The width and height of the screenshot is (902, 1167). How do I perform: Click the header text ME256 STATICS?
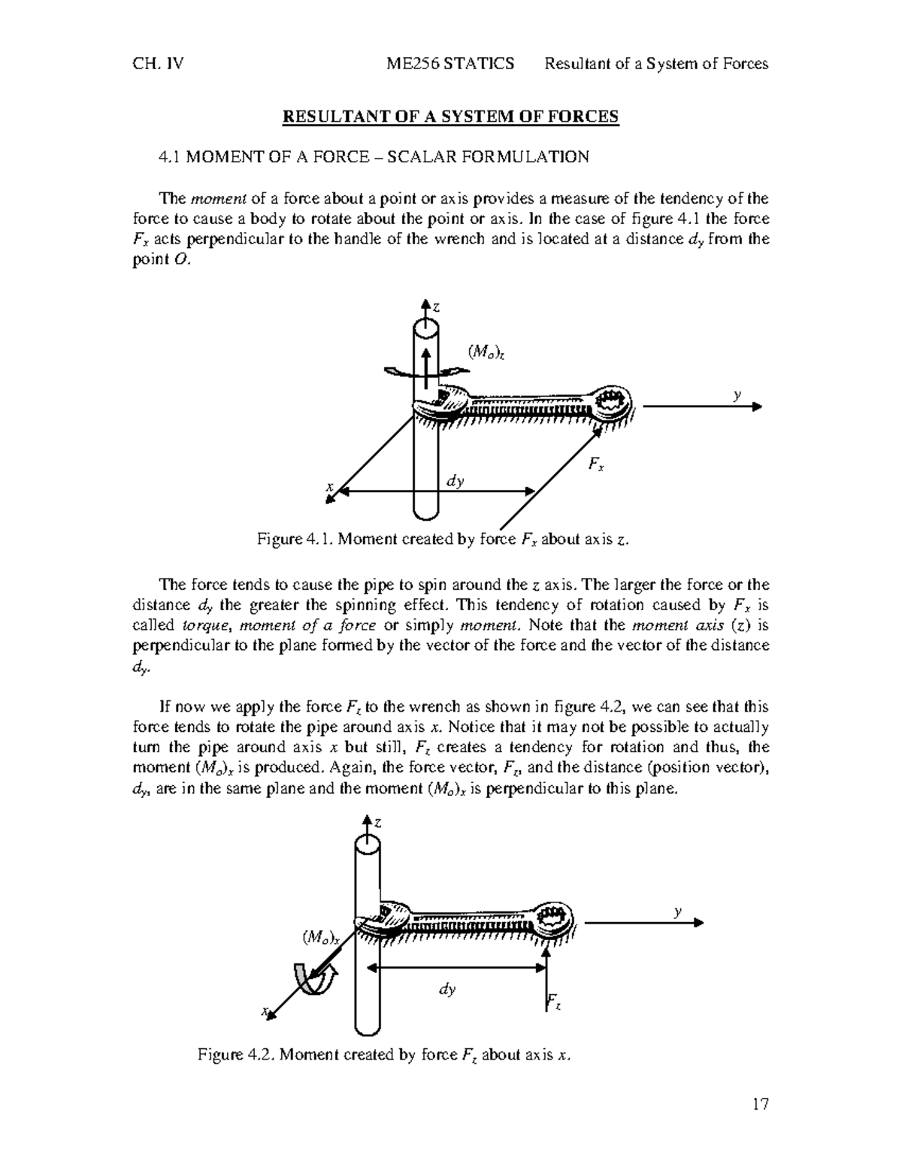449,64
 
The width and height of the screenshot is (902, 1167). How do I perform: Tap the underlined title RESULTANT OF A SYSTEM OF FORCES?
449,116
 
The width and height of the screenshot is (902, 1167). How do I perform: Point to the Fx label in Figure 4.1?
596,467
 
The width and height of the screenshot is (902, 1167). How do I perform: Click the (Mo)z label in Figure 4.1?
481,351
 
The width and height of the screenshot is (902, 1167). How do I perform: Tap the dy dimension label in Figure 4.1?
455,481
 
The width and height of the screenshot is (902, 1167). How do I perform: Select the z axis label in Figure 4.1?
435,307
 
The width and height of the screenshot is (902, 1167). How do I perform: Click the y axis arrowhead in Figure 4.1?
756,407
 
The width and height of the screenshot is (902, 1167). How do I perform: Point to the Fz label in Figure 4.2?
553,1002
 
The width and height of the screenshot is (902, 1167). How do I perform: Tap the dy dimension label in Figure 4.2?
447,990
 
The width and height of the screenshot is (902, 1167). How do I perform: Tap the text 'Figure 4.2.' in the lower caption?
238,1055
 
